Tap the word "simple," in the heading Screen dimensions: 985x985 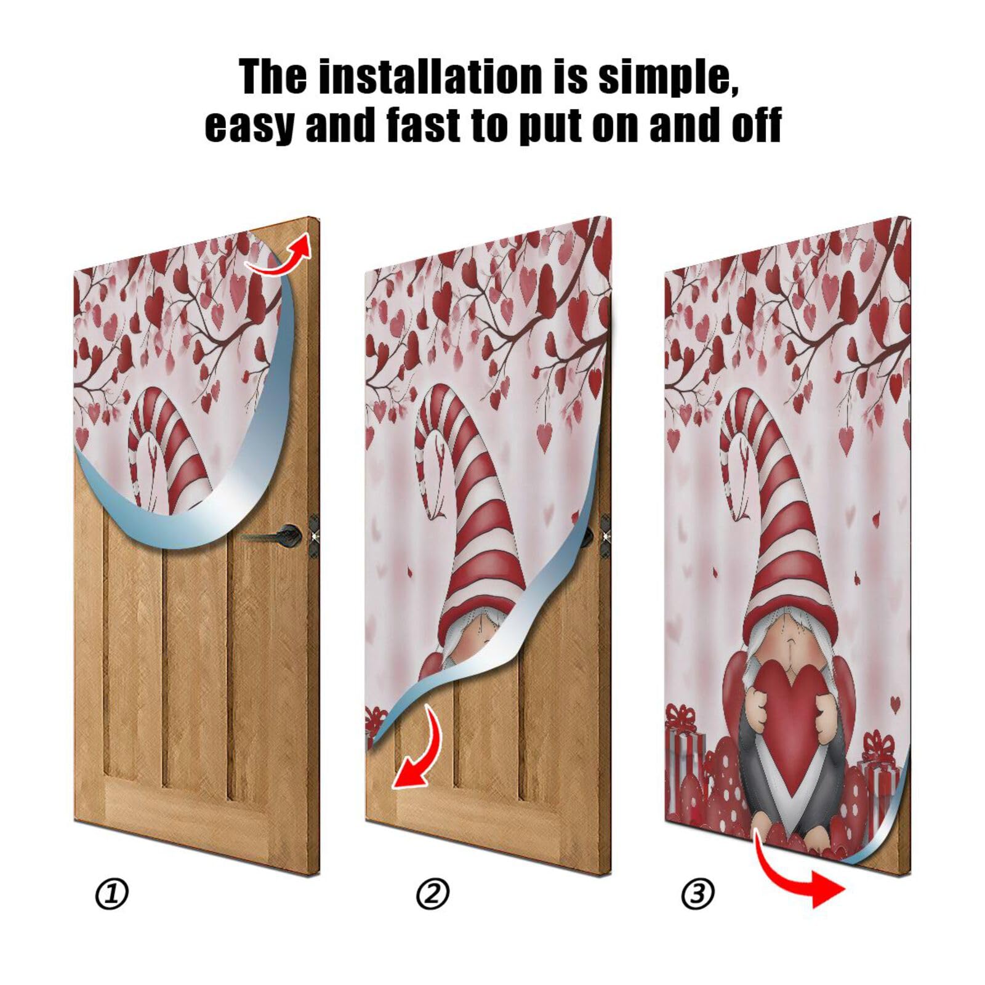668,78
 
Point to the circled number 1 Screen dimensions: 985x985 112,894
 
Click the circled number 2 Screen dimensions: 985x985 433,894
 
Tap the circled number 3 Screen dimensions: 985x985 698,894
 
